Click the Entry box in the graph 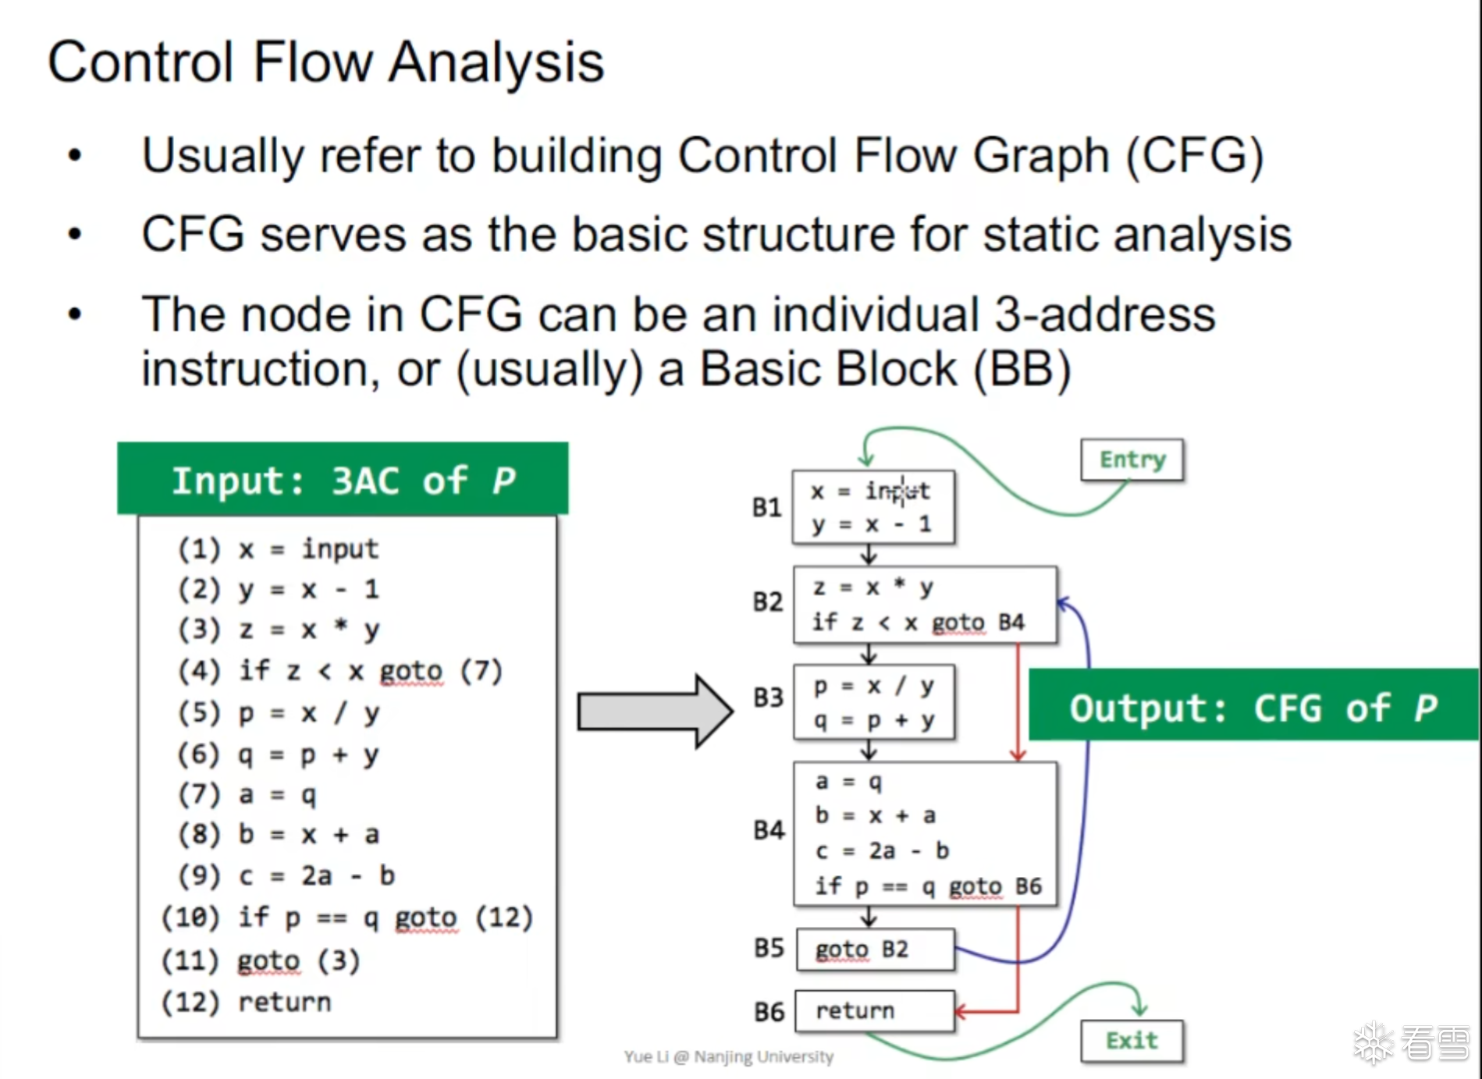[x=1132, y=460]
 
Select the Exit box [x=1132, y=1041]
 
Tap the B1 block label [x=766, y=508]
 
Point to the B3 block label [x=768, y=697]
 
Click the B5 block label [x=769, y=949]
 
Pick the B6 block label [x=769, y=1012]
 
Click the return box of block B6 [x=874, y=1011]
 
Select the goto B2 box [x=875, y=949]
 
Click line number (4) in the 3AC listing [x=200, y=671]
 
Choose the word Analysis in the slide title [x=496, y=62]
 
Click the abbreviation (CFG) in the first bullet [x=1194, y=156]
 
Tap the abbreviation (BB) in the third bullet [x=1022, y=369]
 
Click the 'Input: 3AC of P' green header [x=343, y=479]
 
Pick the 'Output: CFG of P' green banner [x=1253, y=706]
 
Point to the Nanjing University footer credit [x=728, y=1056]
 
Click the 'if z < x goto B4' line [x=918, y=623]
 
